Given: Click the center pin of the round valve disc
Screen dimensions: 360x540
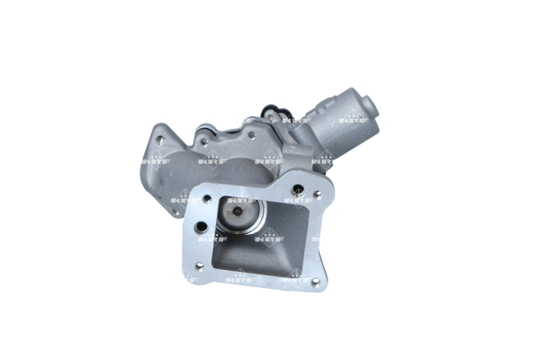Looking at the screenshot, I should [x=237, y=213].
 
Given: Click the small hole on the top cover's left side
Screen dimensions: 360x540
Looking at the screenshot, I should [x=206, y=141].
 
